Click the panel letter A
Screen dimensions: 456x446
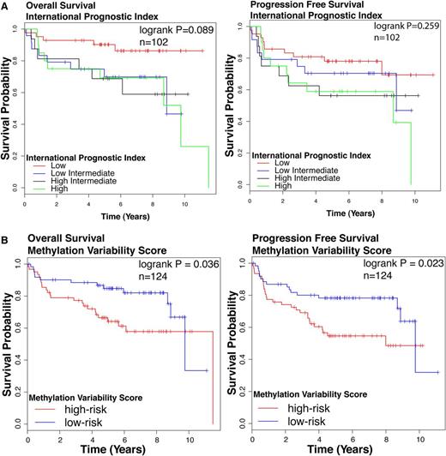pos(5,5)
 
